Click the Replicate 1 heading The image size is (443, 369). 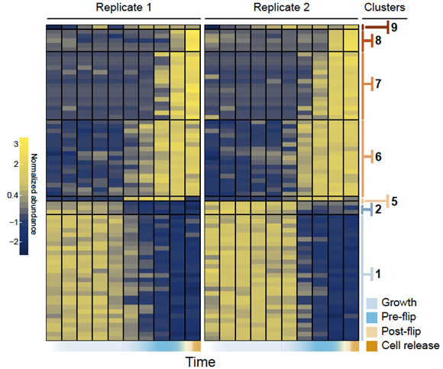point(124,8)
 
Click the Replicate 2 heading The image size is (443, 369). point(281,8)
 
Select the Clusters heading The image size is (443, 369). point(384,8)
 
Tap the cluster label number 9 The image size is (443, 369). point(394,28)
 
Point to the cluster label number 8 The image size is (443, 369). point(378,41)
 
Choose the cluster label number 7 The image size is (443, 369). point(378,83)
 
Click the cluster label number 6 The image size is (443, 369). point(378,157)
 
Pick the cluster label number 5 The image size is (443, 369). point(394,201)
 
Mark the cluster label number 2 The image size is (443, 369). point(378,210)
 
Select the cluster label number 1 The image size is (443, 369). point(378,274)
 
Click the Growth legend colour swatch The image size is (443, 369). point(371,303)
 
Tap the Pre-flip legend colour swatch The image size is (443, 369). point(371,318)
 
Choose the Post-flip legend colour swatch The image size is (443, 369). point(371,332)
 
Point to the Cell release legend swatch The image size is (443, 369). point(371,346)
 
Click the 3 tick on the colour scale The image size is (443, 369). point(16,144)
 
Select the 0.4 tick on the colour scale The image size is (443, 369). point(13,195)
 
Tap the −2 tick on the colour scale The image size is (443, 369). point(14,242)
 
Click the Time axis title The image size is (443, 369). point(200,362)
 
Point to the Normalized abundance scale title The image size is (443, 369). point(34,194)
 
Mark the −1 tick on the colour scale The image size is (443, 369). point(14,222)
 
